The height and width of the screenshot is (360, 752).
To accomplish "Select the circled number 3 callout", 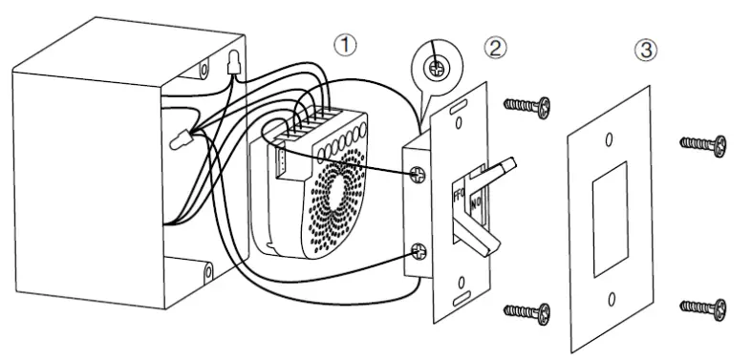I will [647, 50].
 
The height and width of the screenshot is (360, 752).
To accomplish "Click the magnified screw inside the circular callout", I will [439, 68].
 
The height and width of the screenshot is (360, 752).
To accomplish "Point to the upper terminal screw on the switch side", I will [418, 176].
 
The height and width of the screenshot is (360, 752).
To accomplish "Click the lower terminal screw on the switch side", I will [419, 252].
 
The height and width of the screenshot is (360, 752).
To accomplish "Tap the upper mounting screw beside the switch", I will [526, 106].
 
